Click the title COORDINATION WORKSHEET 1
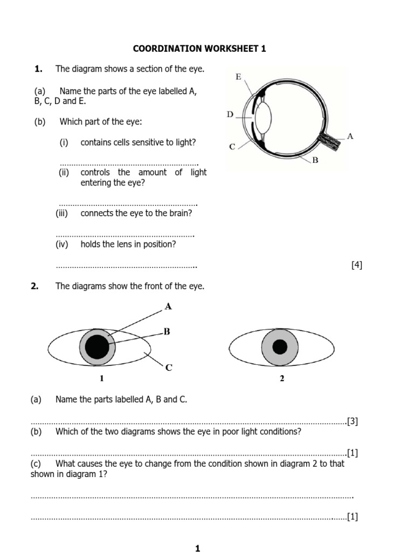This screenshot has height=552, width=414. point(199,49)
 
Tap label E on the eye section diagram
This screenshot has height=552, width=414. point(238,77)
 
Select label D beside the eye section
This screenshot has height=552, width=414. point(230,114)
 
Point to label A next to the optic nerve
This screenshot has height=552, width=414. point(350,136)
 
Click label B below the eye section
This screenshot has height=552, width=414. point(315,160)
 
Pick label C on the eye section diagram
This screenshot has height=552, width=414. point(232,146)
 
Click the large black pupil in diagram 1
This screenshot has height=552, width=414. point(97,346)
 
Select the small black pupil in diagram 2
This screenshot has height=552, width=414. point(280,347)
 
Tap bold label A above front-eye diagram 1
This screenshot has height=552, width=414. point(168,307)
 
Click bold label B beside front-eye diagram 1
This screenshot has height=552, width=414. point(167,332)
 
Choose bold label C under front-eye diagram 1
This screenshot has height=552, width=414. point(169,368)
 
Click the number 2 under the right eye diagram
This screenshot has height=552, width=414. point(281,379)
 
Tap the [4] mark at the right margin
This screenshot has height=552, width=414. point(356,265)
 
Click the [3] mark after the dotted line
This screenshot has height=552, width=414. point(353,422)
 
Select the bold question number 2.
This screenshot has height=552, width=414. point(35,287)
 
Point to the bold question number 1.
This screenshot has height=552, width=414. point(38,68)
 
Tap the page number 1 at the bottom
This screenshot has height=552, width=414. point(197,548)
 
